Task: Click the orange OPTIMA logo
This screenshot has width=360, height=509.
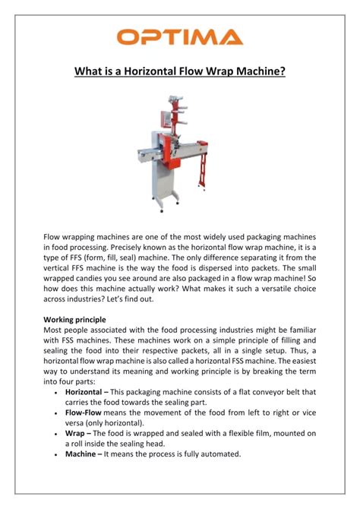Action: point(180,36)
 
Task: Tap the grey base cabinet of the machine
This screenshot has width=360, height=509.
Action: point(156,182)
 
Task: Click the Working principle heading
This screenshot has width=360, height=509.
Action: point(74,320)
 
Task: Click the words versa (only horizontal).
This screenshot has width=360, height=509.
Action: point(109,422)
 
